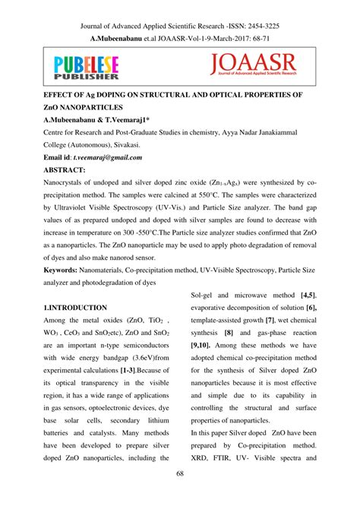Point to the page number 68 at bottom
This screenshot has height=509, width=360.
[x=179, y=496]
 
